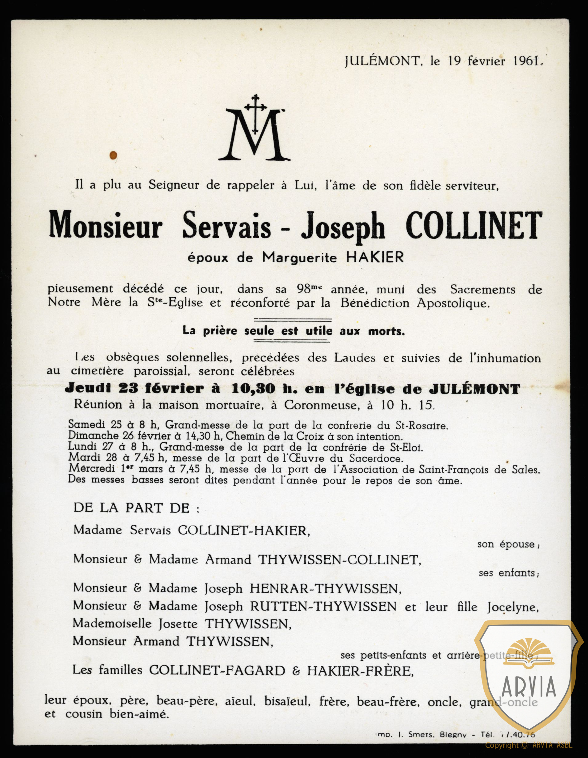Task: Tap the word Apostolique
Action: tap(454, 303)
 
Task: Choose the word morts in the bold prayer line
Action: tap(386, 331)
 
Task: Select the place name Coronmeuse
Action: tap(322, 405)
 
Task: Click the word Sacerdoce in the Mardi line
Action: tap(376, 458)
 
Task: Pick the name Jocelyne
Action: tap(513, 607)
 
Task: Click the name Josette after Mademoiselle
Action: tap(178, 624)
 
